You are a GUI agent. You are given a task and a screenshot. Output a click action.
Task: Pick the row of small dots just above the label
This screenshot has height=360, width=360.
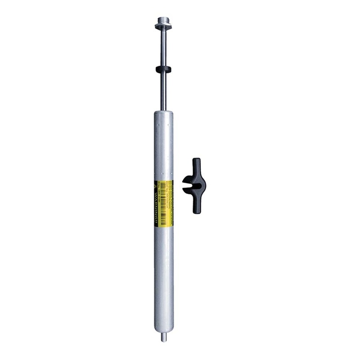click(x=163, y=176)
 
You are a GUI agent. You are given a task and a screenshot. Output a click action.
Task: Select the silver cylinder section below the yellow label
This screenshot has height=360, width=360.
click(x=163, y=279)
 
